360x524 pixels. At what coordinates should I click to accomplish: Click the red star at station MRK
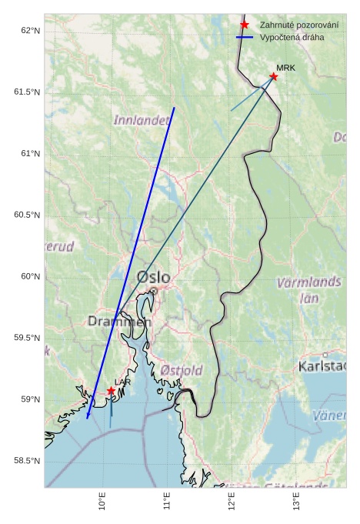pos(274,76)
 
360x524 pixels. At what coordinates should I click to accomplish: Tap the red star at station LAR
pos(111,391)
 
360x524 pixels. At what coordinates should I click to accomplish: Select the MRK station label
pos(286,68)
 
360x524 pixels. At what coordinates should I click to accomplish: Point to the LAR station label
pos(122,382)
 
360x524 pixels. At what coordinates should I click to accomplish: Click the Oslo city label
pos(154,277)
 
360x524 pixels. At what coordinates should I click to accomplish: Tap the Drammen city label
pos(119,321)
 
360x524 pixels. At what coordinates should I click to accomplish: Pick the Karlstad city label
pos(322,365)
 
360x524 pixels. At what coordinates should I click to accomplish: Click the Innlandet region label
pos(142,120)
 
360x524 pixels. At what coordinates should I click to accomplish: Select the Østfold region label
pos(182,370)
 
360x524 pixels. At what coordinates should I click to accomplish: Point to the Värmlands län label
pos(308,289)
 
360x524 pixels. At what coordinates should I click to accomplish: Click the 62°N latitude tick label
pos(29,31)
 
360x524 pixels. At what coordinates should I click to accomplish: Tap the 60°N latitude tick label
pos(29,276)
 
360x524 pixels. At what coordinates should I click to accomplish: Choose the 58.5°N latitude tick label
pos(27,461)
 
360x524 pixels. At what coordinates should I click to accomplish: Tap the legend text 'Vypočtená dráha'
pos(292,37)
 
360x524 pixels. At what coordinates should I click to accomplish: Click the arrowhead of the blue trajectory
pos(88,416)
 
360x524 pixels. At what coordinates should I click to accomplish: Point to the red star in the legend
pos(245,25)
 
